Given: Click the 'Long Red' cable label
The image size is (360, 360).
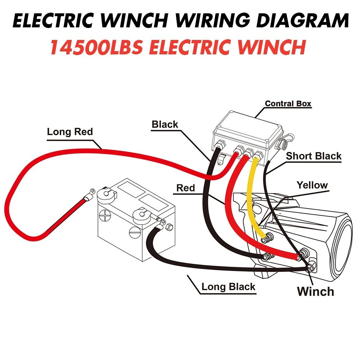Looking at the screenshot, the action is tap(70, 132).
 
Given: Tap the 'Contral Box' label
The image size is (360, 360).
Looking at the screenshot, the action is tap(288, 104).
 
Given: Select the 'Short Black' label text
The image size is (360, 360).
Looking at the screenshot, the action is tap(314, 156).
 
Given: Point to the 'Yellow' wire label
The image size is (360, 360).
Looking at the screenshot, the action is tap(312, 185).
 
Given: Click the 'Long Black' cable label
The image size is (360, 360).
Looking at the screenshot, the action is tap(228, 287).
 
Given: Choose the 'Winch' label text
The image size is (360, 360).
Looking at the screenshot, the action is tap(315, 292).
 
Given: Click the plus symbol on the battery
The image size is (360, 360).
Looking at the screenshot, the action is tap(105, 215).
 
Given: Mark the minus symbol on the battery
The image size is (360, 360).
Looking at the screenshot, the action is tap(135, 233).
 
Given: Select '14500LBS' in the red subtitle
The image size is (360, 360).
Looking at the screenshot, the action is tap(96, 47).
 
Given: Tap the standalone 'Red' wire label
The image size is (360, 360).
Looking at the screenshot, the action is tap(185, 188).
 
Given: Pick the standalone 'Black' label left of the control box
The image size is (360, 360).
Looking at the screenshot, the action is tap(165, 125).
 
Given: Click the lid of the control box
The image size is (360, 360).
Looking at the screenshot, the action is tap(248, 127).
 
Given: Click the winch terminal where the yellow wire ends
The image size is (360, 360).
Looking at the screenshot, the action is tap(267, 238).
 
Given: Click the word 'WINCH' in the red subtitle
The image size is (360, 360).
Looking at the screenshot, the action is tap(271, 47).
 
